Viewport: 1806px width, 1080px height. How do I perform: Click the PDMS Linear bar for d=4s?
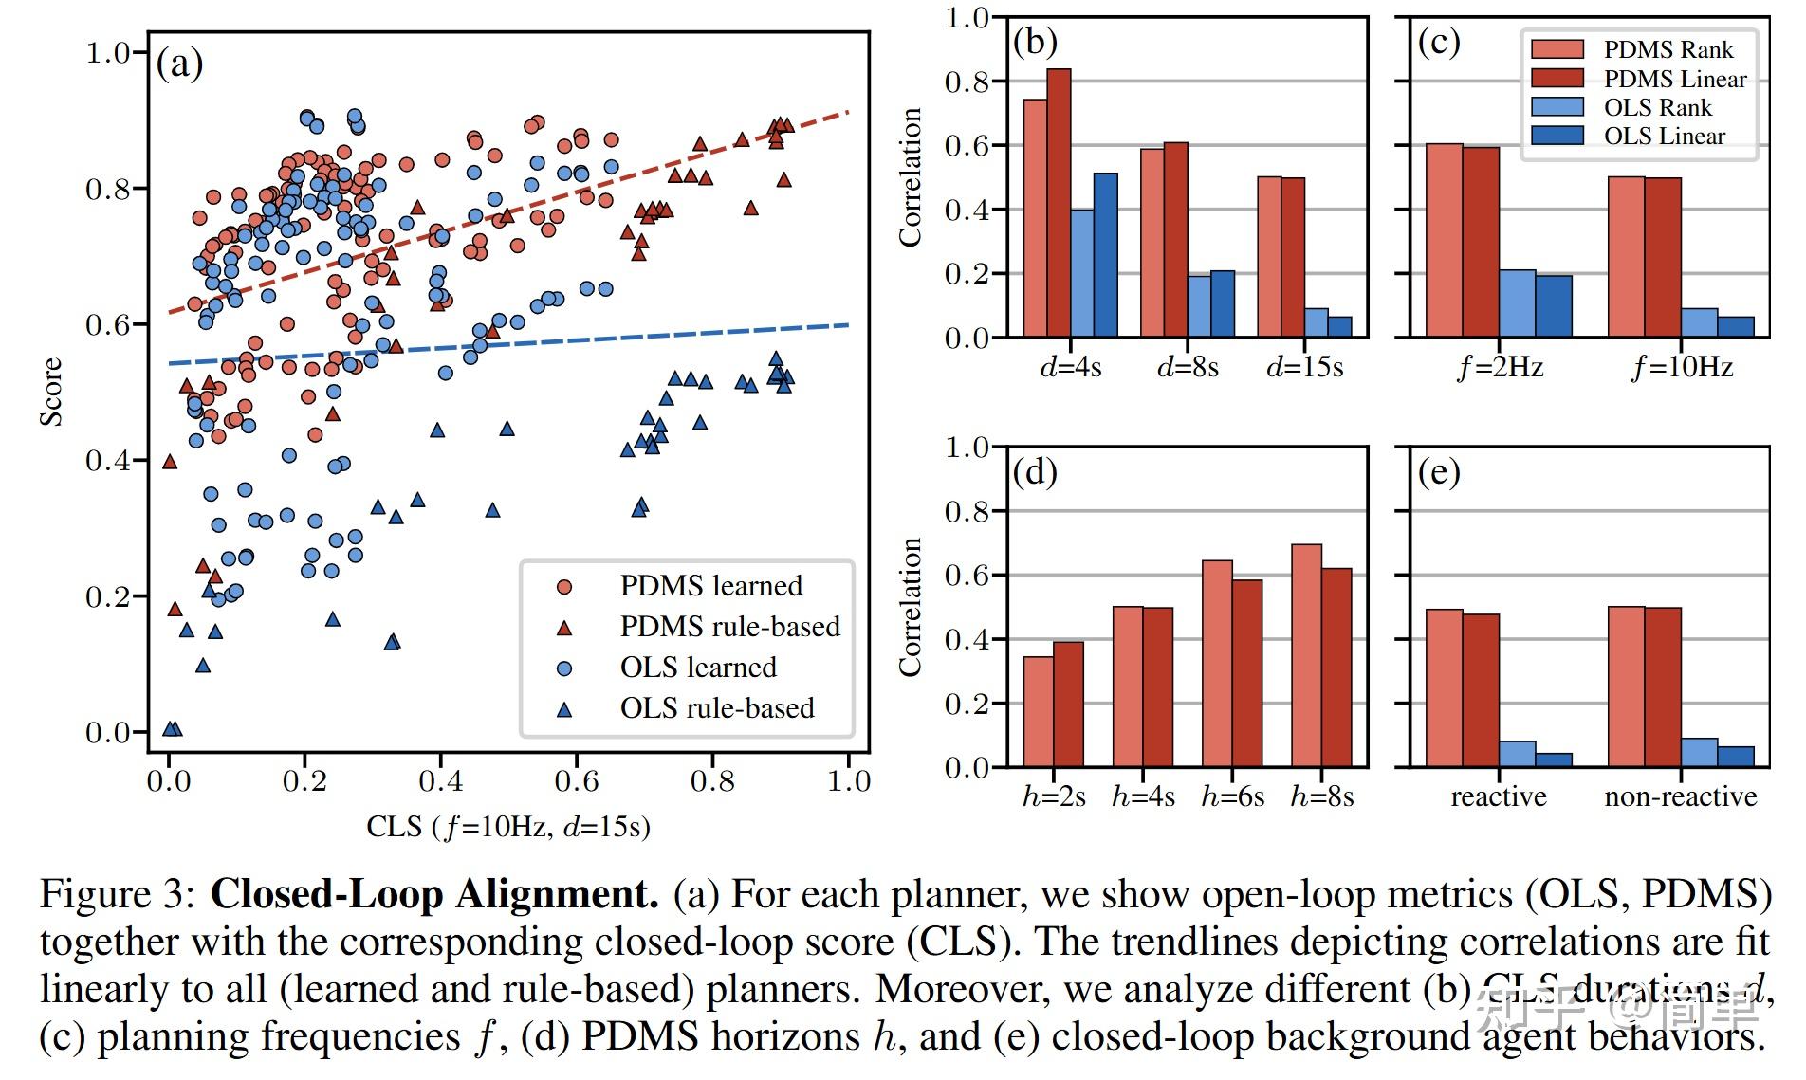click(1059, 203)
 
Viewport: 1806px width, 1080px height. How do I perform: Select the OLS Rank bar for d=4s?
click(1082, 273)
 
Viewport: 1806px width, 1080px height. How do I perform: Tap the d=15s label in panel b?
click(1304, 367)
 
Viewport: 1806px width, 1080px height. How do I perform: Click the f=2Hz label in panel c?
click(1500, 367)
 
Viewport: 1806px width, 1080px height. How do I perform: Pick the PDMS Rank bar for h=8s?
click(1306, 655)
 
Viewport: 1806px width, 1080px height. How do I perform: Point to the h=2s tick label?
click(1054, 796)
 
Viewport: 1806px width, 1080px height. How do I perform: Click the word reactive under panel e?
click(1499, 796)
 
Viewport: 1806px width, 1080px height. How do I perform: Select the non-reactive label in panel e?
click(1680, 796)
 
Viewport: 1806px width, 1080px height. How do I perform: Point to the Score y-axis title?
click(51, 392)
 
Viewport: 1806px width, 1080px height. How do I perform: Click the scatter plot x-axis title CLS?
click(508, 827)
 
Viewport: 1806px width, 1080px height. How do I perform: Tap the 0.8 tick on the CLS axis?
click(712, 781)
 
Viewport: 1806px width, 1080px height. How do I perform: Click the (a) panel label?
click(179, 64)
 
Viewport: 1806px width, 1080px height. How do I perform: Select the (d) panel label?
click(1035, 471)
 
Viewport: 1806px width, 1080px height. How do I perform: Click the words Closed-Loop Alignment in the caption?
click(434, 895)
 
